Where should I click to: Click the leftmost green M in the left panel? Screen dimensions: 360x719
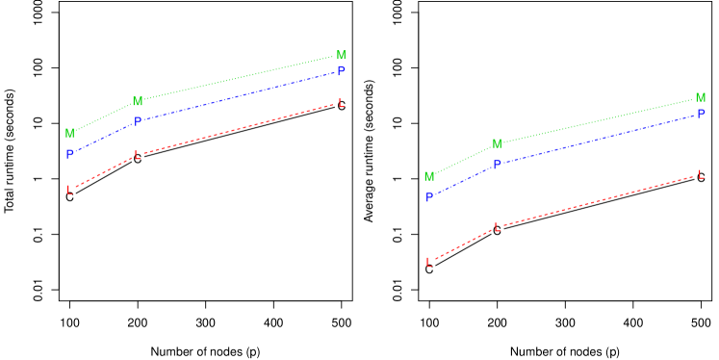click(x=69, y=134)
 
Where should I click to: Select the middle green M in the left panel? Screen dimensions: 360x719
click(x=138, y=102)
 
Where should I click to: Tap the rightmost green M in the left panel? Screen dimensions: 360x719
click(x=341, y=56)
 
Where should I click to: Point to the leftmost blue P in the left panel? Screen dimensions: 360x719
click(x=69, y=155)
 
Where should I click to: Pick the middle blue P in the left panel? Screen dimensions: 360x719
click(x=138, y=122)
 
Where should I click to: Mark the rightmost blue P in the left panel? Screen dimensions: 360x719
click(x=341, y=72)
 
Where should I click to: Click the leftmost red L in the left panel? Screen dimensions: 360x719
click(x=69, y=191)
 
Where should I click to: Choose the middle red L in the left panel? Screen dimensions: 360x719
click(x=138, y=155)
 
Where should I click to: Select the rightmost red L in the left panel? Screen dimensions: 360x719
click(x=341, y=103)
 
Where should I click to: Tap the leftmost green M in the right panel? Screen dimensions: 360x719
click(x=429, y=177)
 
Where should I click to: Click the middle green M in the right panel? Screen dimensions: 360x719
click(x=497, y=144)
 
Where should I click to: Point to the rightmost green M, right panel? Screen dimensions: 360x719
click(x=701, y=98)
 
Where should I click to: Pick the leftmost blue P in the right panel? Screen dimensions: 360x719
click(x=429, y=197)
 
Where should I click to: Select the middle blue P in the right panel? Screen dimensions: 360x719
click(x=497, y=165)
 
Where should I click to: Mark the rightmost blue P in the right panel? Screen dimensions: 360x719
click(x=701, y=115)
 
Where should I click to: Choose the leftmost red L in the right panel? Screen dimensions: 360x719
click(x=429, y=263)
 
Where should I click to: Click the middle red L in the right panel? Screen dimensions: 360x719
click(x=497, y=228)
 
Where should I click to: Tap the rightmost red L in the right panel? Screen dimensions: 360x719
click(x=701, y=175)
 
